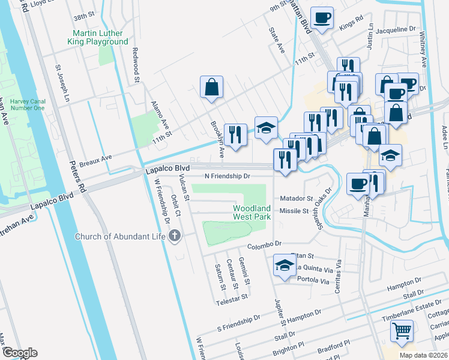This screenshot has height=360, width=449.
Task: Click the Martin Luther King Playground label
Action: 100,37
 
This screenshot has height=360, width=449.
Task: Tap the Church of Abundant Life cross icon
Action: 174,236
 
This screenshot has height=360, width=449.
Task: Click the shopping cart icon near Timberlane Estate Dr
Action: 402,330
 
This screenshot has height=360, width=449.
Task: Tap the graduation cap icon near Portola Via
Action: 284,266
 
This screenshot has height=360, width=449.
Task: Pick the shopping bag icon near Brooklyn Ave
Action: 211,88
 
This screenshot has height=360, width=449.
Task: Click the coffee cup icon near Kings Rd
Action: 322,18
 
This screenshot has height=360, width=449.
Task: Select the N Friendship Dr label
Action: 227,176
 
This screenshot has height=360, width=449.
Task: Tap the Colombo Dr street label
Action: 264,244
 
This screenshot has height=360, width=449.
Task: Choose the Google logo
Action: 19,353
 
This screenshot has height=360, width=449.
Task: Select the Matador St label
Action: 296,198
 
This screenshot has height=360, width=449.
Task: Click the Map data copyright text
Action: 423,355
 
